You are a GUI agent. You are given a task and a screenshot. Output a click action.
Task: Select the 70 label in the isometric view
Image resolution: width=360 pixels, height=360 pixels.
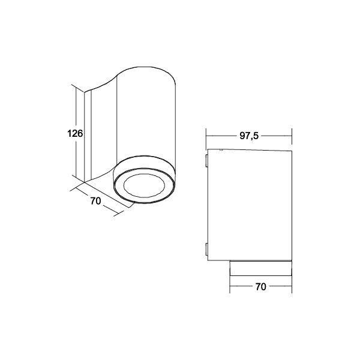coord(95,201)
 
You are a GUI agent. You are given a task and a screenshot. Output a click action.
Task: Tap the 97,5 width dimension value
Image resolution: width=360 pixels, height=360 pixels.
coord(248,136)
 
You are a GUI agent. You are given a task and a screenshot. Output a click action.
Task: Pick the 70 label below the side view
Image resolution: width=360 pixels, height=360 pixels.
coord(260,287)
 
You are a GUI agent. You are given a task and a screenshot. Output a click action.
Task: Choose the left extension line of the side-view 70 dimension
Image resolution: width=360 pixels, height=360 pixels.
coord(230,282)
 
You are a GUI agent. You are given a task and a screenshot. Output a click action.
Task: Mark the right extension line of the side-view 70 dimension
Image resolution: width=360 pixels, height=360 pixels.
coord(292,282)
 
